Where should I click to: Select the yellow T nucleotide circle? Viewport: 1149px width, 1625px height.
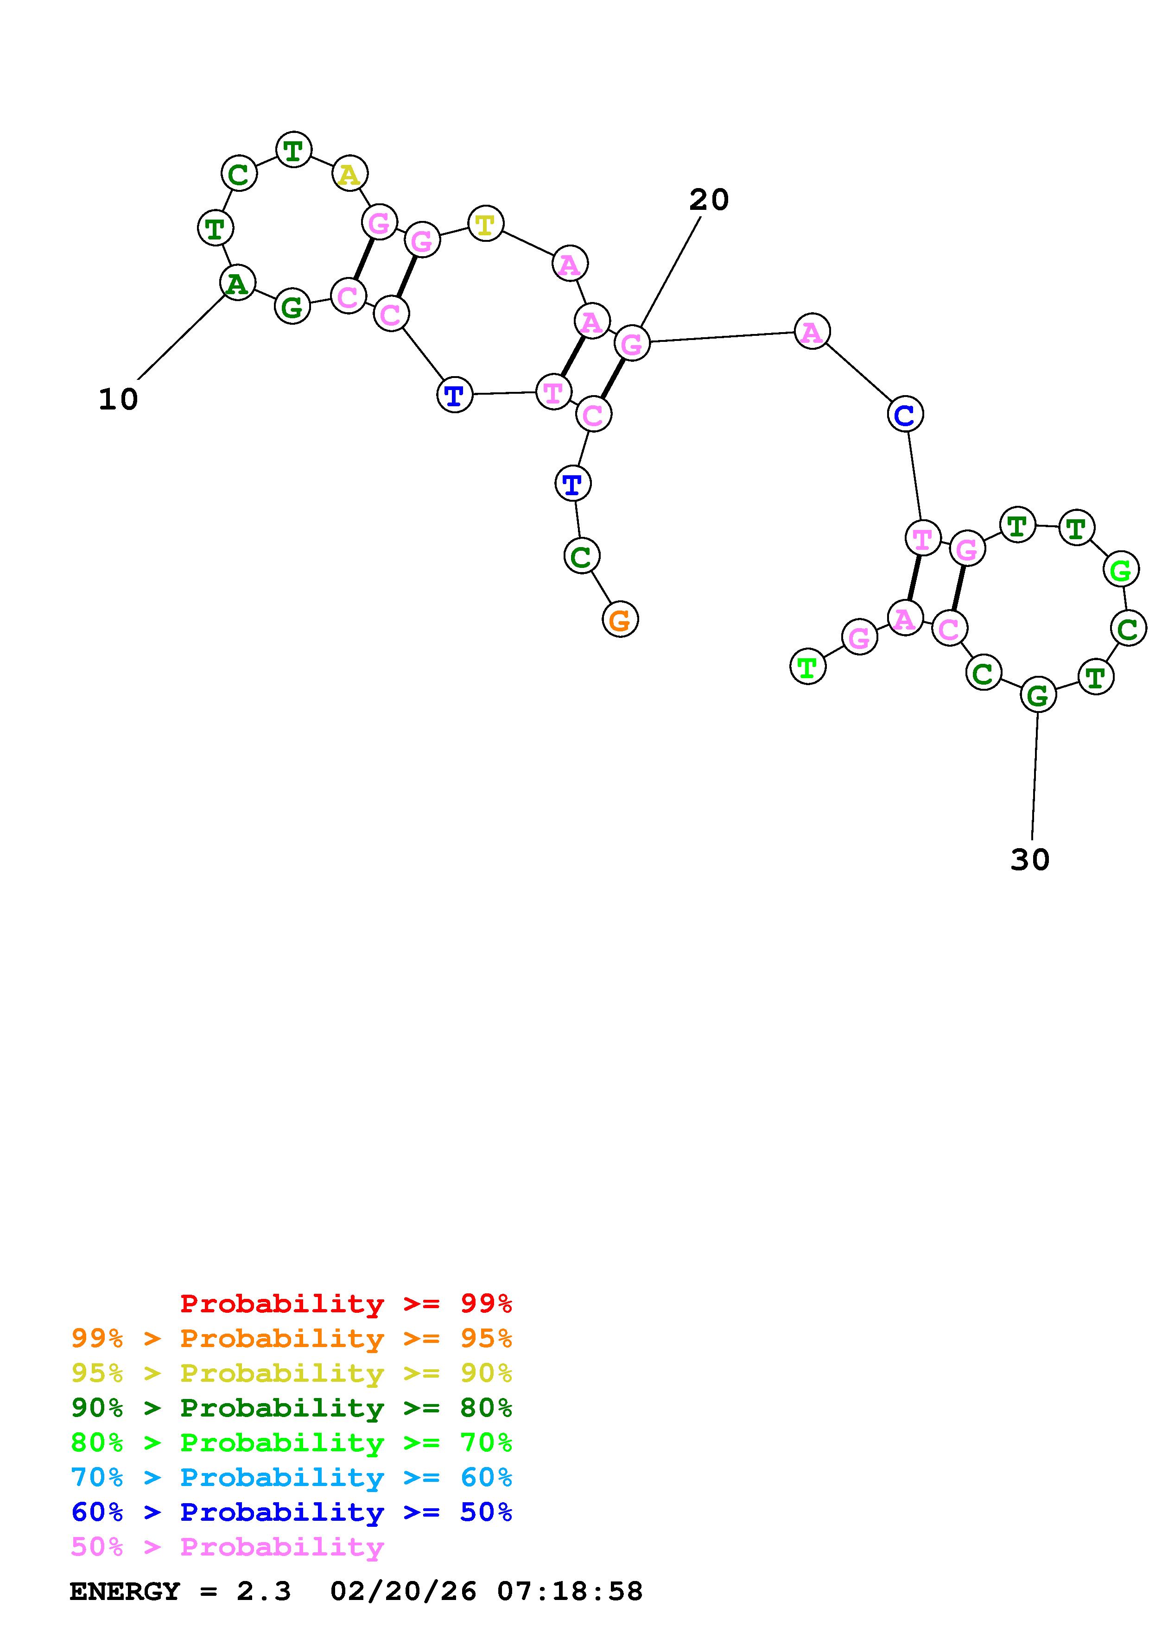point(485,224)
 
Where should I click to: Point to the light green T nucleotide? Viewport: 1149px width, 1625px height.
point(807,666)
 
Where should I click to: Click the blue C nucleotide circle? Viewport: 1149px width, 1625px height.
point(905,415)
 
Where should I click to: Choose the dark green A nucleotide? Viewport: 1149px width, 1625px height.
point(238,283)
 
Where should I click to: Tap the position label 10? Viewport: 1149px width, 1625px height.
point(118,400)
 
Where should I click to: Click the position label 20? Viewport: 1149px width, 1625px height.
point(709,200)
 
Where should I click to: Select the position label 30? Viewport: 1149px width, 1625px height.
point(1029,860)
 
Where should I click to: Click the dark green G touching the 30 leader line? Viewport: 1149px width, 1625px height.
point(1038,695)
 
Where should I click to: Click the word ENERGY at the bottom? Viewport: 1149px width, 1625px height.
point(125,1591)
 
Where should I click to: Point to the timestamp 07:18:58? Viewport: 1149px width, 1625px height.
point(570,1591)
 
